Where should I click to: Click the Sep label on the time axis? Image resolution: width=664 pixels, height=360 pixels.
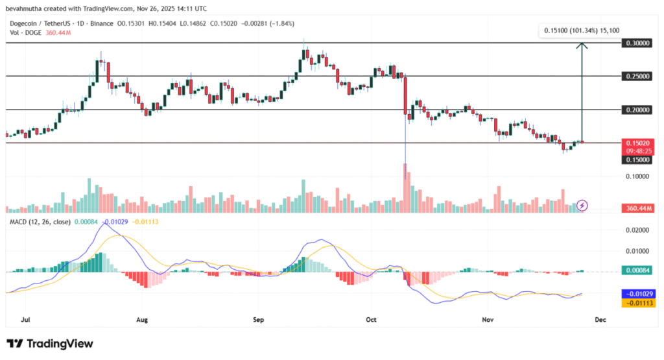tap(258, 320)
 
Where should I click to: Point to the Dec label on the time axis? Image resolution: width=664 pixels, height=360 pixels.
tap(600, 320)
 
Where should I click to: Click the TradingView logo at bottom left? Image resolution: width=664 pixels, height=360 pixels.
tap(50, 344)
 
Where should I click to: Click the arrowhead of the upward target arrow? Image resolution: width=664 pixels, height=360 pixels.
tap(582, 45)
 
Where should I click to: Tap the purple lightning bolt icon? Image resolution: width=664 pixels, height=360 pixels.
tap(582, 206)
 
